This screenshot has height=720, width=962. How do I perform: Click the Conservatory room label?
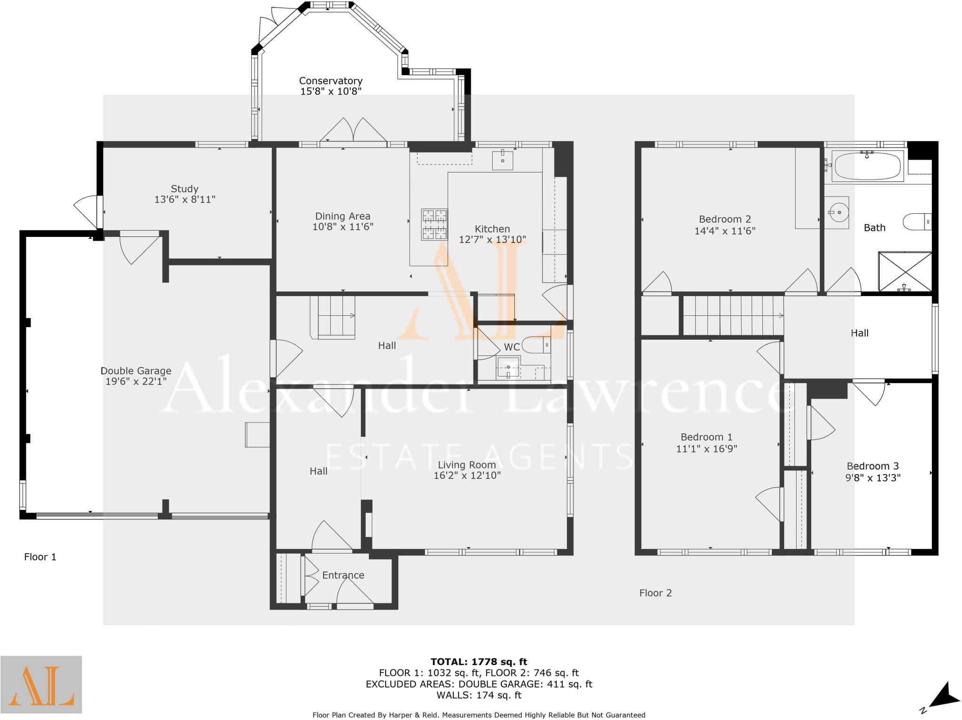(331, 81)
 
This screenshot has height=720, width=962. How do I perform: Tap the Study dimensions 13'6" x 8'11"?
(185, 200)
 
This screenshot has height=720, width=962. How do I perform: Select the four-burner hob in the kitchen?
(434, 224)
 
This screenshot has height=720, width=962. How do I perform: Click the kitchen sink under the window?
(502, 160)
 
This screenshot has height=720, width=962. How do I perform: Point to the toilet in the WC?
(535, 345)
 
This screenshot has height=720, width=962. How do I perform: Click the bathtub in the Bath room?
(867, 166)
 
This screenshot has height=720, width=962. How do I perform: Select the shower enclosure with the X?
(905, 272)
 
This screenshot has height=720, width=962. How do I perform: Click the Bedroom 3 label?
(872, 466)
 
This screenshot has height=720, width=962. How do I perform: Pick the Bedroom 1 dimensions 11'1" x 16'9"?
(706, 449)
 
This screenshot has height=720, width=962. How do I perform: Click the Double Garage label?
(136, 371)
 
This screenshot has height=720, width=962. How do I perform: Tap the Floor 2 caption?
(655, 593)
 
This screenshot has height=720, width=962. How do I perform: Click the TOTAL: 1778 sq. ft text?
(479, 662)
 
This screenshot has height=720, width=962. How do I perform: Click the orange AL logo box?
(41, 684)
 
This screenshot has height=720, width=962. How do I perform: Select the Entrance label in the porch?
(343, 575)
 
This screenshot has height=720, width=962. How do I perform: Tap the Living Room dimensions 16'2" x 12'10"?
(467, 475)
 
